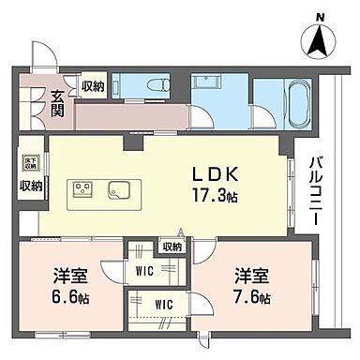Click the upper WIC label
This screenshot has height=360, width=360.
145,271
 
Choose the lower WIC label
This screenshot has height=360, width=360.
165,304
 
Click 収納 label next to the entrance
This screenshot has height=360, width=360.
92,87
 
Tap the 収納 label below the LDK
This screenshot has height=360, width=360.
171,247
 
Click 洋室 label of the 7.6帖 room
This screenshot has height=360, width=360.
253,278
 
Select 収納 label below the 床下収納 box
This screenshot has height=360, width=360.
29,186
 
